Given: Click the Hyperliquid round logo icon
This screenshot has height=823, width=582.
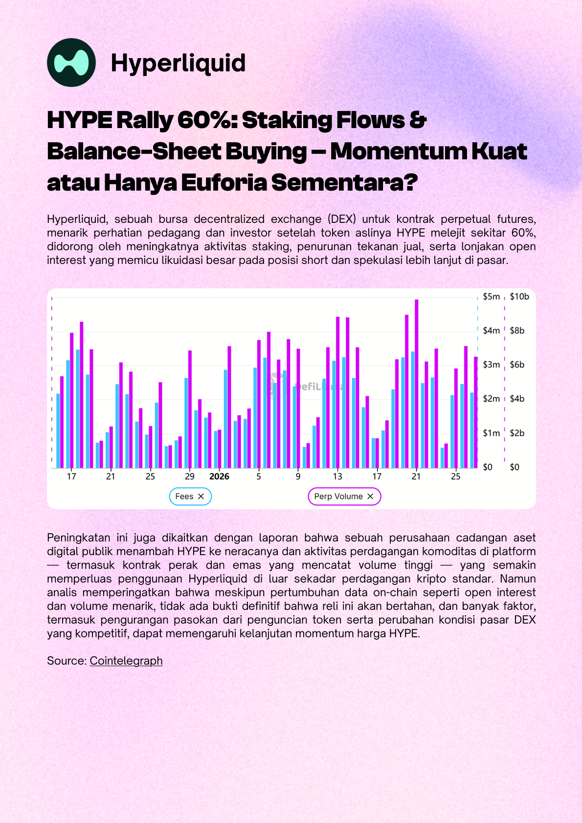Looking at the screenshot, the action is pos(71,63).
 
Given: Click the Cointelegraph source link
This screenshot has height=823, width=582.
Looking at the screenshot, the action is pos(126,661).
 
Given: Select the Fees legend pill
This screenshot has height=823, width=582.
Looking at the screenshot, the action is pos(190,497).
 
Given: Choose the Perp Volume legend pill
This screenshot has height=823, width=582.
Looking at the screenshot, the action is pos(344,497).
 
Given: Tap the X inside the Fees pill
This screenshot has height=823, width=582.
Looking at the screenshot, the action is pos(201,497).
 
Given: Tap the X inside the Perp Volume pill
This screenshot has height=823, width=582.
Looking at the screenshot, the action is pos(371,497).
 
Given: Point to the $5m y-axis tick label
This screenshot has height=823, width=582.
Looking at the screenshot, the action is pos(491,297).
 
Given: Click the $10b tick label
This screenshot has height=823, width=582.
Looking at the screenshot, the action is pos(519,297).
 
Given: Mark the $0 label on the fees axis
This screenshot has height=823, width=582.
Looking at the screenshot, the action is pos(488,467).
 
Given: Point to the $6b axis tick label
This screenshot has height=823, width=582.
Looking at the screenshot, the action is pos(517,365).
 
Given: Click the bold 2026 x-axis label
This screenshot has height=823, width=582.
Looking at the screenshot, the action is pos(219,476).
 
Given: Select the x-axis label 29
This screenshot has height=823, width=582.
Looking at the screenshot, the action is pos(189,476).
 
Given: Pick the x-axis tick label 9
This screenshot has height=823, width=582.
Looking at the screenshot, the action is pos(298,476).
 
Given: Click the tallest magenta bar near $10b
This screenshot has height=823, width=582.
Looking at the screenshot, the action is pos(417,384).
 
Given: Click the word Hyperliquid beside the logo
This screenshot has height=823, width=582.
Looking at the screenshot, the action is pos(178,63).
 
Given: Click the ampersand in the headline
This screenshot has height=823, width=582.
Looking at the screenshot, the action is pos(418,120).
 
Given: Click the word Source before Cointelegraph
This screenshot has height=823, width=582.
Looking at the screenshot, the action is pos(67,661).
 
